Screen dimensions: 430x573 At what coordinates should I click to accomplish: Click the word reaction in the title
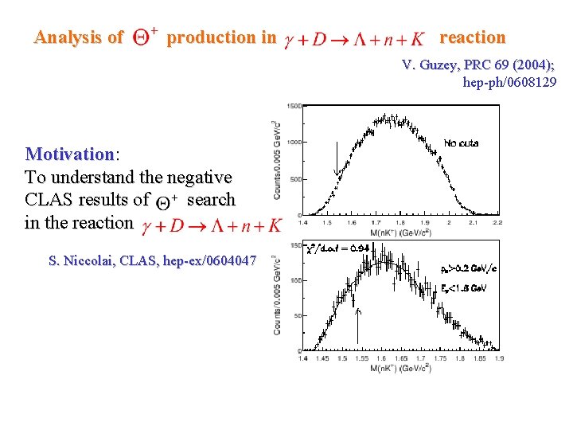(472, 37)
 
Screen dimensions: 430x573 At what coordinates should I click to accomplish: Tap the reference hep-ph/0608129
(509, 81)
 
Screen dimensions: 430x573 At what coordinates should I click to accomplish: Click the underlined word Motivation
(70, 154)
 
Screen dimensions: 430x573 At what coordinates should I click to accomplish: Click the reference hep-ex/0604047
(203, 260)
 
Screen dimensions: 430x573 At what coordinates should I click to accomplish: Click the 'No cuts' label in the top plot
(462, 143)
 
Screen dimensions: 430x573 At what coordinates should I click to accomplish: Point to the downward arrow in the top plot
(337, 160)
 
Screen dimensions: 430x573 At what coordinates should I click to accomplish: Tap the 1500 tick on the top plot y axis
(294, 106)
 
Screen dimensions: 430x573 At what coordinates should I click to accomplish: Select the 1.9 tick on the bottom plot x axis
(498, 358)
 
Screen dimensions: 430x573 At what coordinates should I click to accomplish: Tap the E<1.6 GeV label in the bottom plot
(463, 287)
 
